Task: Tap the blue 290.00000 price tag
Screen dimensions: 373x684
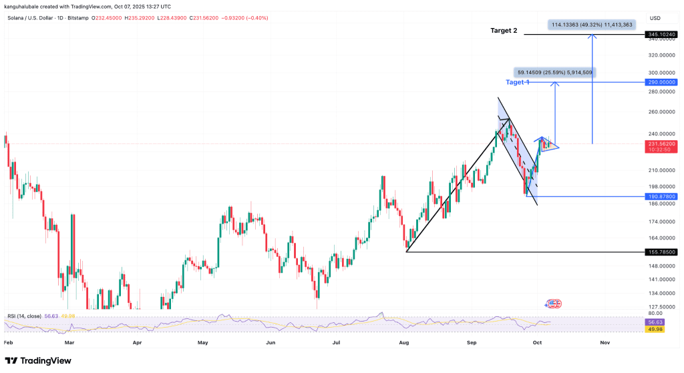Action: click(661, 82)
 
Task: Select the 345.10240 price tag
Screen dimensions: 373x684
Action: click(661, 34)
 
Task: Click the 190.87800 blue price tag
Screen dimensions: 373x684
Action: click(661, 197)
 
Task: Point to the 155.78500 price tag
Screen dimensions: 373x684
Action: click(661, 252)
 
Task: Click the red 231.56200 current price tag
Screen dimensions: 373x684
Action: click(661, 143)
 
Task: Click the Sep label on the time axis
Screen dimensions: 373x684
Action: click(472, 342)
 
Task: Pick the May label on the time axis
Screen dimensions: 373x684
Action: click(203, 342)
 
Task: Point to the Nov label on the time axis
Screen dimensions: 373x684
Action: click(605, 342)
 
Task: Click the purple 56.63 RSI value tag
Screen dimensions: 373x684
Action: click(654, 322)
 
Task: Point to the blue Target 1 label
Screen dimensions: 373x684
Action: click(518, 82)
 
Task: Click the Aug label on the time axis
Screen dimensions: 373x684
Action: click(403, 342)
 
